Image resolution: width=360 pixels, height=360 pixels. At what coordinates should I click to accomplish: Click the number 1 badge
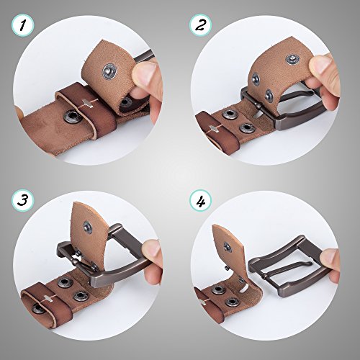[23, 25]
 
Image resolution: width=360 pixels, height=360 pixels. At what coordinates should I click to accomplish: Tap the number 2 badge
[200, 25]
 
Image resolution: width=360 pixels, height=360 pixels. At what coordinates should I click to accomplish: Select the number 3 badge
[23, 200]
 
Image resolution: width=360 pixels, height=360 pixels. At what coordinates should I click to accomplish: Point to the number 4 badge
[200, 200]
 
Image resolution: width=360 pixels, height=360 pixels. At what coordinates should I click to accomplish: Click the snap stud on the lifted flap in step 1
[110, 71]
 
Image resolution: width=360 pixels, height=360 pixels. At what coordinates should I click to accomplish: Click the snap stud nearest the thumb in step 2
[292, 59]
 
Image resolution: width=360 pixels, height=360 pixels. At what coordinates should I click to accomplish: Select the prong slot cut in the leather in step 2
[258, 114]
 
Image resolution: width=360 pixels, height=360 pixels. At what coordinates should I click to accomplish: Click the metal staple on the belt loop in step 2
[212, 129]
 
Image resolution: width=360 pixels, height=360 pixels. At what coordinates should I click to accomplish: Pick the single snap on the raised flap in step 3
[88, 227]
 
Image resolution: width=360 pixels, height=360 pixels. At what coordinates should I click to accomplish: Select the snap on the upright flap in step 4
[228, 247]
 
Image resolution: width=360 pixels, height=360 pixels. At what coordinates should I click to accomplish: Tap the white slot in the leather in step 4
[245, 288]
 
